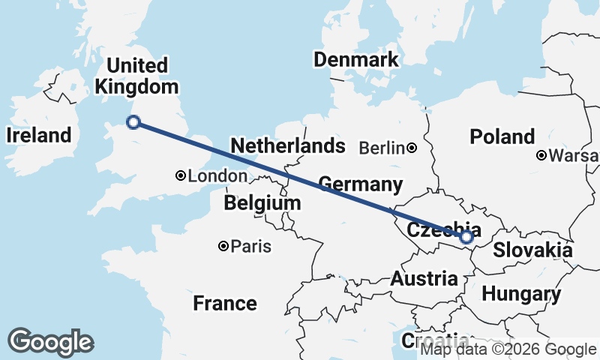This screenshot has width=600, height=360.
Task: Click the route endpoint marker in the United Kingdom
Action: pos(133,122)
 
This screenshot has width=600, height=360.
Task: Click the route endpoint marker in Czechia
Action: pos(466,237)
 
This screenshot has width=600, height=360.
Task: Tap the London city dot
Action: pos(181,175)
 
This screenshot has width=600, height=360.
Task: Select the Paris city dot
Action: pos(223,246)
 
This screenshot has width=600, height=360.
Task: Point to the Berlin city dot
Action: pos(412,148)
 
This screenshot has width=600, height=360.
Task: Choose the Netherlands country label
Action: pos(288,145)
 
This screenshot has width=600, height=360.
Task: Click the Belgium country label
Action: pos(262,203)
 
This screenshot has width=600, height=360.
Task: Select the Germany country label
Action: pos(360,184)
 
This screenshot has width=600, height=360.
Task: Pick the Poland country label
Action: pos(502,136)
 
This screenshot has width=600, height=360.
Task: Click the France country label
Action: pos(225,303)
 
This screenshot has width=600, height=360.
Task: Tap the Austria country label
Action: pos(424,279)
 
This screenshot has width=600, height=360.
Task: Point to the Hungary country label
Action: pos(520,294)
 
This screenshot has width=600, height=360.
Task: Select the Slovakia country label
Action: pos(532,250)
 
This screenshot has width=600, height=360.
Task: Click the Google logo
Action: pos(50,342)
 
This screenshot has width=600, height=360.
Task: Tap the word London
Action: pos(218,176)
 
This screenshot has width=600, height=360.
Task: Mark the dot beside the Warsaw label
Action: pos(541,156)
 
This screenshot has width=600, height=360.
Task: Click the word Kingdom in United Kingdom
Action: pos(137,87)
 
